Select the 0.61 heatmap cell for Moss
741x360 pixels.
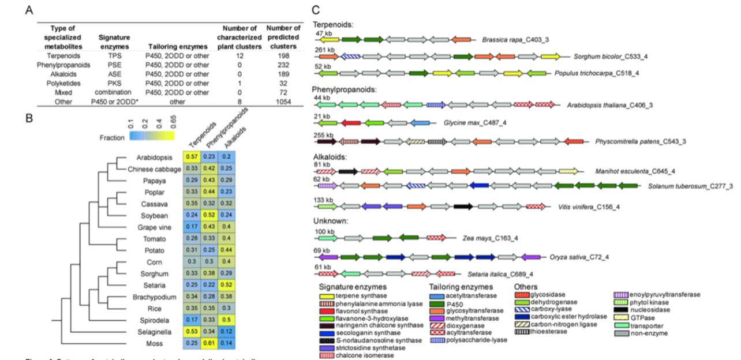210,345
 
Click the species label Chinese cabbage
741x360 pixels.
150,169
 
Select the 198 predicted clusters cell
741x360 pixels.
284,56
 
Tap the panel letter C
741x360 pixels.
315,10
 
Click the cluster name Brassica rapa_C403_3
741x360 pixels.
515,40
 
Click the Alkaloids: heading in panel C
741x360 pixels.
329,156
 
